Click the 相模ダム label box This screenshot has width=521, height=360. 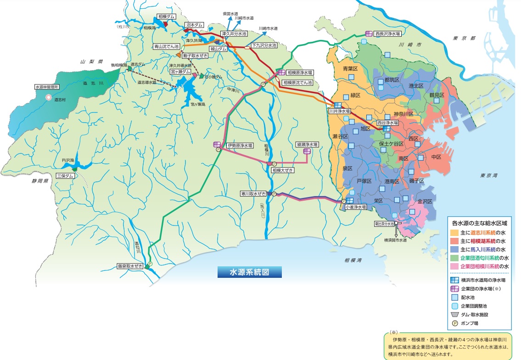(164, 17)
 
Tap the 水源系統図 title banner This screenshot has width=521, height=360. (249, 271)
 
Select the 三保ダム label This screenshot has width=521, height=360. (64, 175)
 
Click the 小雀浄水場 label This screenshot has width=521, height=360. (355, 207)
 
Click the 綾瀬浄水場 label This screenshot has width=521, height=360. (307, 144)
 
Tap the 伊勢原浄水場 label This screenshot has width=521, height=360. (239, 145)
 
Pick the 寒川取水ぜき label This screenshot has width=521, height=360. (254, 194)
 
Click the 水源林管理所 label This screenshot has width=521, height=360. (48, 86)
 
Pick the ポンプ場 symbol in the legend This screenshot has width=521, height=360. (455, 323)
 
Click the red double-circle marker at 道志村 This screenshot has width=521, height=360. (49, 97)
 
